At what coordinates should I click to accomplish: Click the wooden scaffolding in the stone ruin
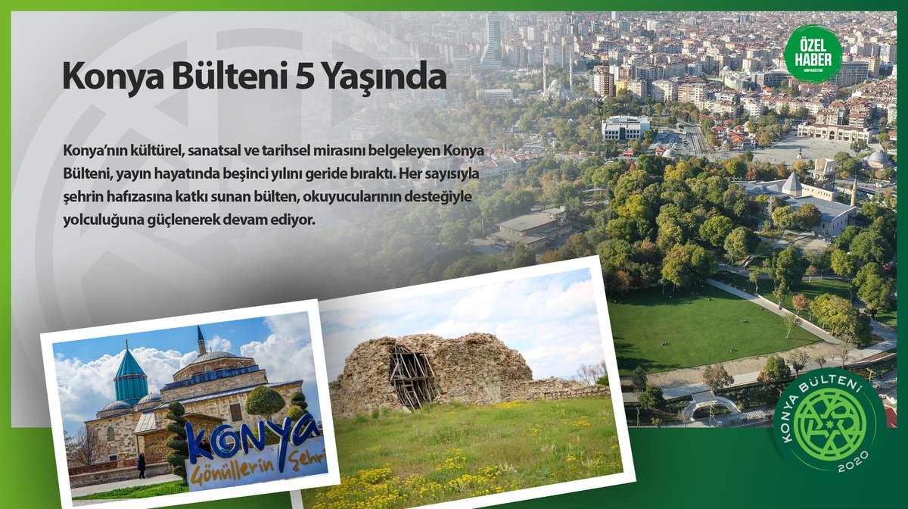tap(412, 374)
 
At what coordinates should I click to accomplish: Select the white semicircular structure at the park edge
tap(711, 405)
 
